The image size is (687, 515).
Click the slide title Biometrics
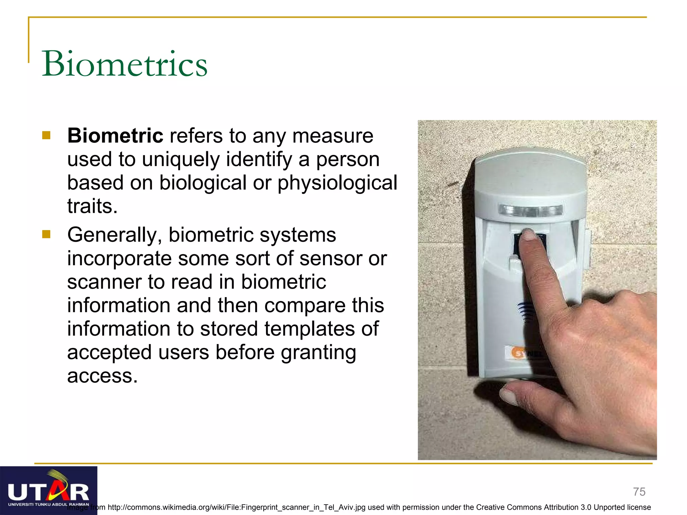click(125, 63)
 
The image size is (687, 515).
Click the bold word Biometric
click(115, 136)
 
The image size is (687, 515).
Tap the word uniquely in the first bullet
click(180, 159)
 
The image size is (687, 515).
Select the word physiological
click(337, 183)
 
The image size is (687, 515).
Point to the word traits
click(92, 206)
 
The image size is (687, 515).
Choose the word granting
click(318, 353)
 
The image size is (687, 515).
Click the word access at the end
click(102, 376)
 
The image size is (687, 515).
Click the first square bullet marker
click(46, 135)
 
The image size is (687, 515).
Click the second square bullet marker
click(46, 234)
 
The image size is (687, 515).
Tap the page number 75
click(639, 492)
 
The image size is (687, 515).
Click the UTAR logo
click(49, 491)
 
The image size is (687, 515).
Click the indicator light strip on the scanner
click(530, 211)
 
